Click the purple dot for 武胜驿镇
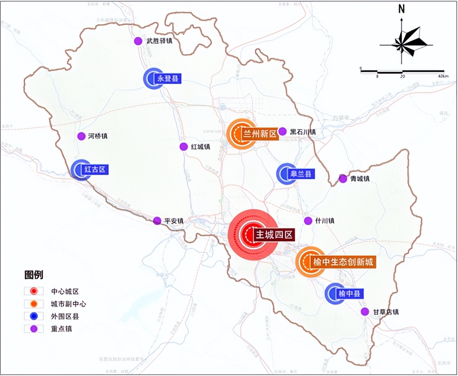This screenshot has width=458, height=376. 138,41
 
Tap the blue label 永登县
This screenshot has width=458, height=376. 167,78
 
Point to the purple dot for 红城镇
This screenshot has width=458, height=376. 184,147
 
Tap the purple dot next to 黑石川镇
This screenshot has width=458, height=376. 282,131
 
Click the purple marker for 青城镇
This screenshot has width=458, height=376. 343,179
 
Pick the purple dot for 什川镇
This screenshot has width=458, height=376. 308,221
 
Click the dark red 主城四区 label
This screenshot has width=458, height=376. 274,235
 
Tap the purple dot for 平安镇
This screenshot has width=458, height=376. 157,221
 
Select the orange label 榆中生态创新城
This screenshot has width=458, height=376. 343,263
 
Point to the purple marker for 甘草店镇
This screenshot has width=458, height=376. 365,312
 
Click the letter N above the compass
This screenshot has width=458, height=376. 401,9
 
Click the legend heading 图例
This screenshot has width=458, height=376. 34,275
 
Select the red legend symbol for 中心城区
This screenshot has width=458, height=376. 34,292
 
